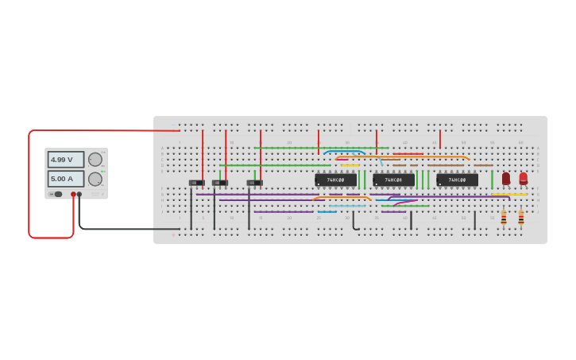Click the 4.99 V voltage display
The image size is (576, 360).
point(65,159)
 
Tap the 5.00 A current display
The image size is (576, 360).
point(65,179)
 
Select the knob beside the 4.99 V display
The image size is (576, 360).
point(95,159)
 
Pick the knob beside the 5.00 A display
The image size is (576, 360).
point(95,179)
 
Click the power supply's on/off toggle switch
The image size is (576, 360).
point(57,194)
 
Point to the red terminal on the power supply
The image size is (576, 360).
point(73,194)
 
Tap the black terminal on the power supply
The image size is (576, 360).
point(79,194)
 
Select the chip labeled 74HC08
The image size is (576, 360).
point(394,180)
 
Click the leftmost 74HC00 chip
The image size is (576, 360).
point(335,180)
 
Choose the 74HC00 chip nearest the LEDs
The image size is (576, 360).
point(457,180)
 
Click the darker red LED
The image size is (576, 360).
point(506,179)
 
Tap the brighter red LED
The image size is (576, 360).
point(523,179)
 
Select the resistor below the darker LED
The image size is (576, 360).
point(504,217)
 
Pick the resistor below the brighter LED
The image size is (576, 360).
point(521,217)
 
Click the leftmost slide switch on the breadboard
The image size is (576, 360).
point(196,183)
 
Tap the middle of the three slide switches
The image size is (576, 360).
point(220,183)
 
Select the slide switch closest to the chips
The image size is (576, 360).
point(254,183)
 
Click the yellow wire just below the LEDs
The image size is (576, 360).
point(508,194)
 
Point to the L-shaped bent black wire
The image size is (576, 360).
point(354,223)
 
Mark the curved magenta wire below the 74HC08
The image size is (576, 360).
point(403,201)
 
